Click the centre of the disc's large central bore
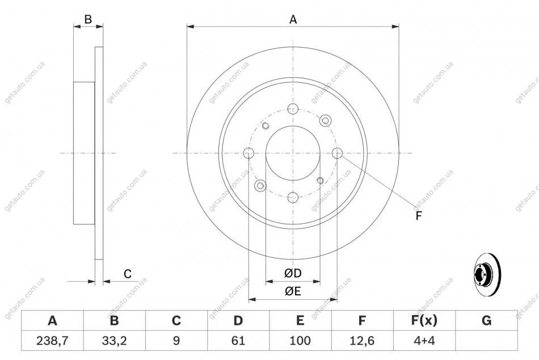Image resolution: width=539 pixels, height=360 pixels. click(x=293, y=153)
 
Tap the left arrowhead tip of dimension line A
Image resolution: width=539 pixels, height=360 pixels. click(x=187, y=27)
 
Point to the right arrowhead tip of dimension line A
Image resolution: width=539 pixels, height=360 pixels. click(x=399, y=27)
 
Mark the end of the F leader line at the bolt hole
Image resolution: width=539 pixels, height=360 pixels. click(x=341, y=156)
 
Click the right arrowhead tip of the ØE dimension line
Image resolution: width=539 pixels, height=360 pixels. click(x=337, y=299)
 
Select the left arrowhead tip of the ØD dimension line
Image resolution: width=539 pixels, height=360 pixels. click(x=266, y=282)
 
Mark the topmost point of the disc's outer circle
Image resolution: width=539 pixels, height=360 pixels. click(x=293, y=47)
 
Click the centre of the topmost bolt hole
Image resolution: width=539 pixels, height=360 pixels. click(x=293, y=109)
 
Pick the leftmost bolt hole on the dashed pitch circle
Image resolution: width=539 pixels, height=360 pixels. click(x=249, y=153)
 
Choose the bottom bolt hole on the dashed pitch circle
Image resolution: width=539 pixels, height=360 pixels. click(x=293, y=198)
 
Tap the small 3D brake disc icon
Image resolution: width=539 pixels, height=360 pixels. click(x=487, y=274)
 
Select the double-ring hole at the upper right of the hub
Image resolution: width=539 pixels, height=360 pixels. click(x=325, y=121)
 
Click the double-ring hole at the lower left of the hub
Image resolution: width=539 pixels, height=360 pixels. click(x=260, y=186)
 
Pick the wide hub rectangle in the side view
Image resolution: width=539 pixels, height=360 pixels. click(x=84, y=153)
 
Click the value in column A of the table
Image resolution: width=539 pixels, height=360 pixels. click(x=52, y=341)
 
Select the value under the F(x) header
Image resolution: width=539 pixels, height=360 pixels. click(x=424, y=341)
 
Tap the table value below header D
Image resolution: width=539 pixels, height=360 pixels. click(x=238, y=341)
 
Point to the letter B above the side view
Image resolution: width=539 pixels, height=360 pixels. click(x=88, y=20)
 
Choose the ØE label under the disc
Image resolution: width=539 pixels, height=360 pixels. click(x=293, y=291)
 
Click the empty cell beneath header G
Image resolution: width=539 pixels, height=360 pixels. click(x=486, y=341)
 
